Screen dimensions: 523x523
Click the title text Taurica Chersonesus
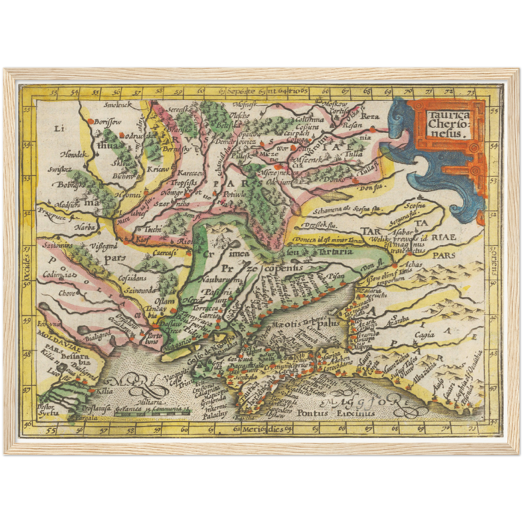448,125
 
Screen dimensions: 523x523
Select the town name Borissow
107,122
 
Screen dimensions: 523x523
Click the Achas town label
413,265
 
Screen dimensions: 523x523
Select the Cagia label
424,335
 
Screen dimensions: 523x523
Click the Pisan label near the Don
336,276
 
